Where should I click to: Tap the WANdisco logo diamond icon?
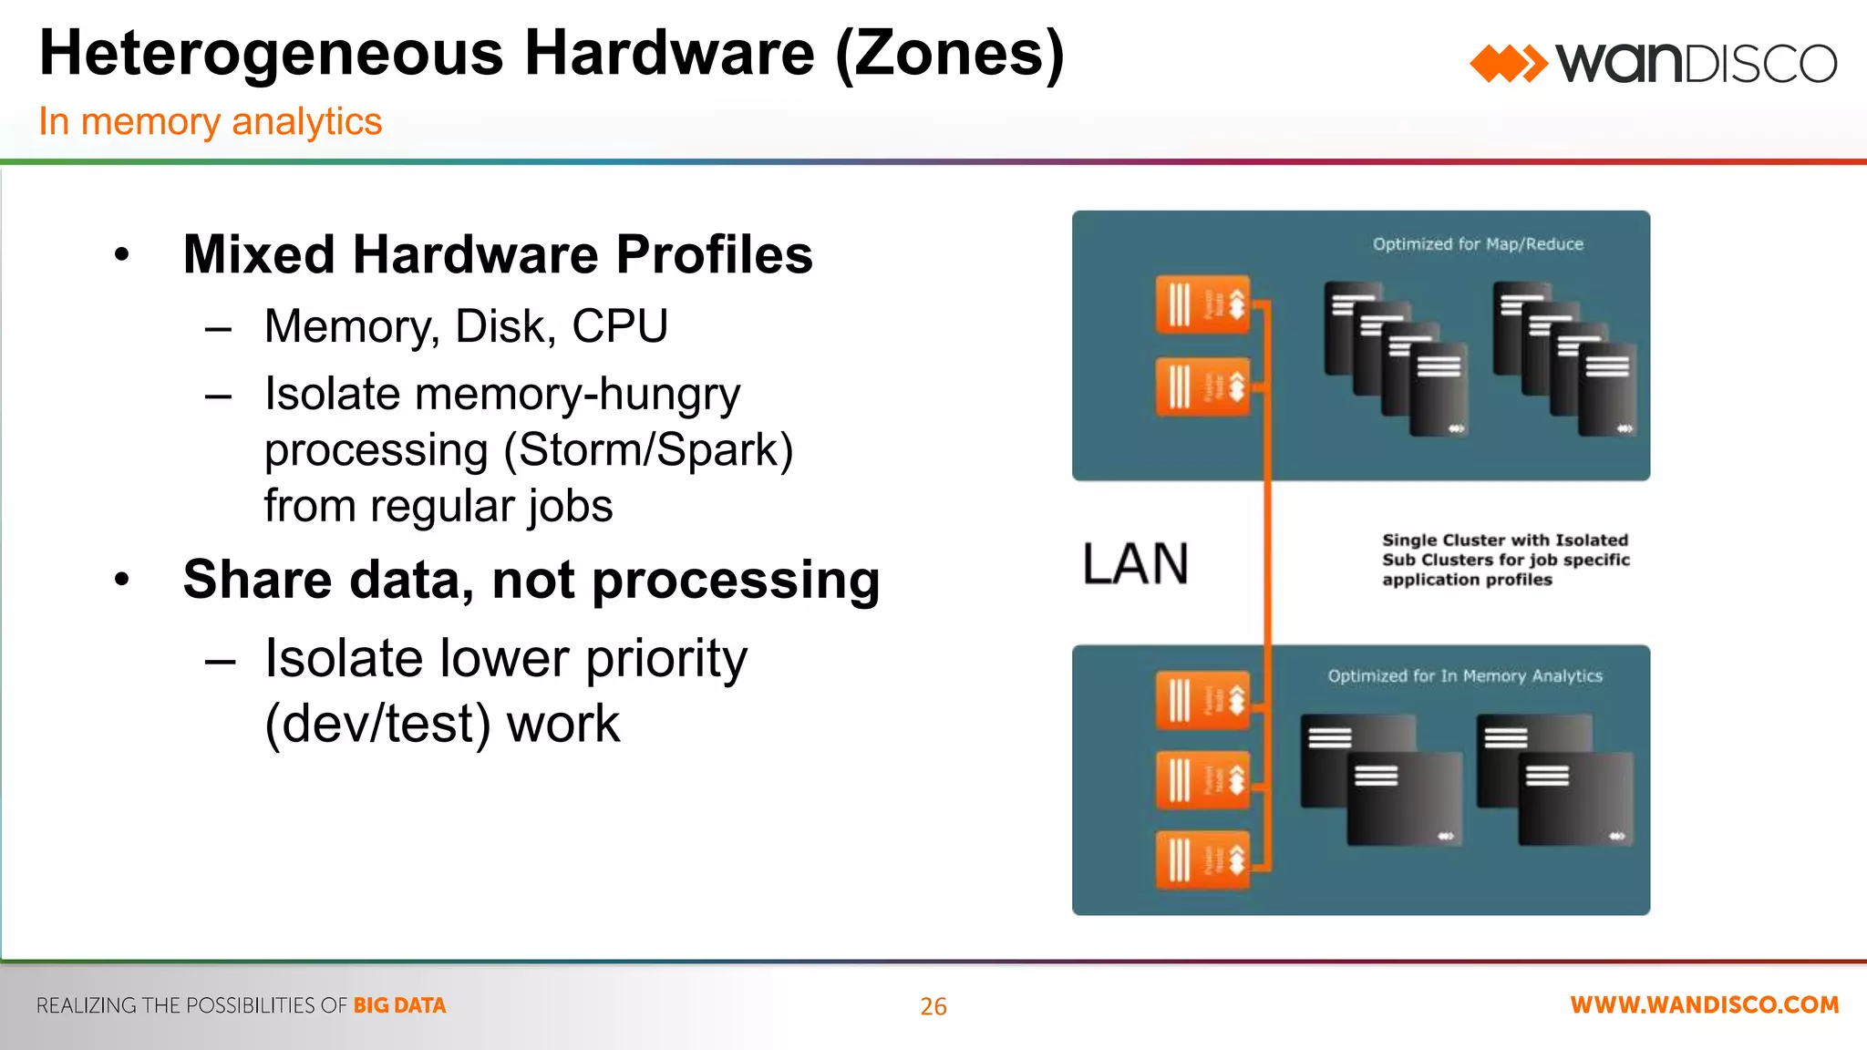pos(1508,64)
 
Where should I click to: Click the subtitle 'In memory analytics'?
pos(210,121)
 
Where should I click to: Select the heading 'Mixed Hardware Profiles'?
pos(497,254)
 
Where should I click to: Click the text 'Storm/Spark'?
pos(648,450)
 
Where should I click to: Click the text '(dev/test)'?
pos(377,725)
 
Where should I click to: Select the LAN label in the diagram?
pos(1135,563)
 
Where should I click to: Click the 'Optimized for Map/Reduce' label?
pos(1477,244)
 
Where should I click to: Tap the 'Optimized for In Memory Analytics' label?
pos(1464,676)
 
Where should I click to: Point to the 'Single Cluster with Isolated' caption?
pos(1504,540)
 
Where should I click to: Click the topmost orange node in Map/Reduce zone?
pos(1202,304)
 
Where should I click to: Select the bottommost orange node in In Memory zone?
pos(1202,859)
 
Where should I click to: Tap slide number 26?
pos(933,1006)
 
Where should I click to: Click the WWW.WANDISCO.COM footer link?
pos(1704,1005)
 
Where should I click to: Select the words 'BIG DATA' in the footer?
pos(399,1005)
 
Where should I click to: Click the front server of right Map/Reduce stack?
pos(1607,390)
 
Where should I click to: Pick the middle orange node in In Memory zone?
pos(1202,779)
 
